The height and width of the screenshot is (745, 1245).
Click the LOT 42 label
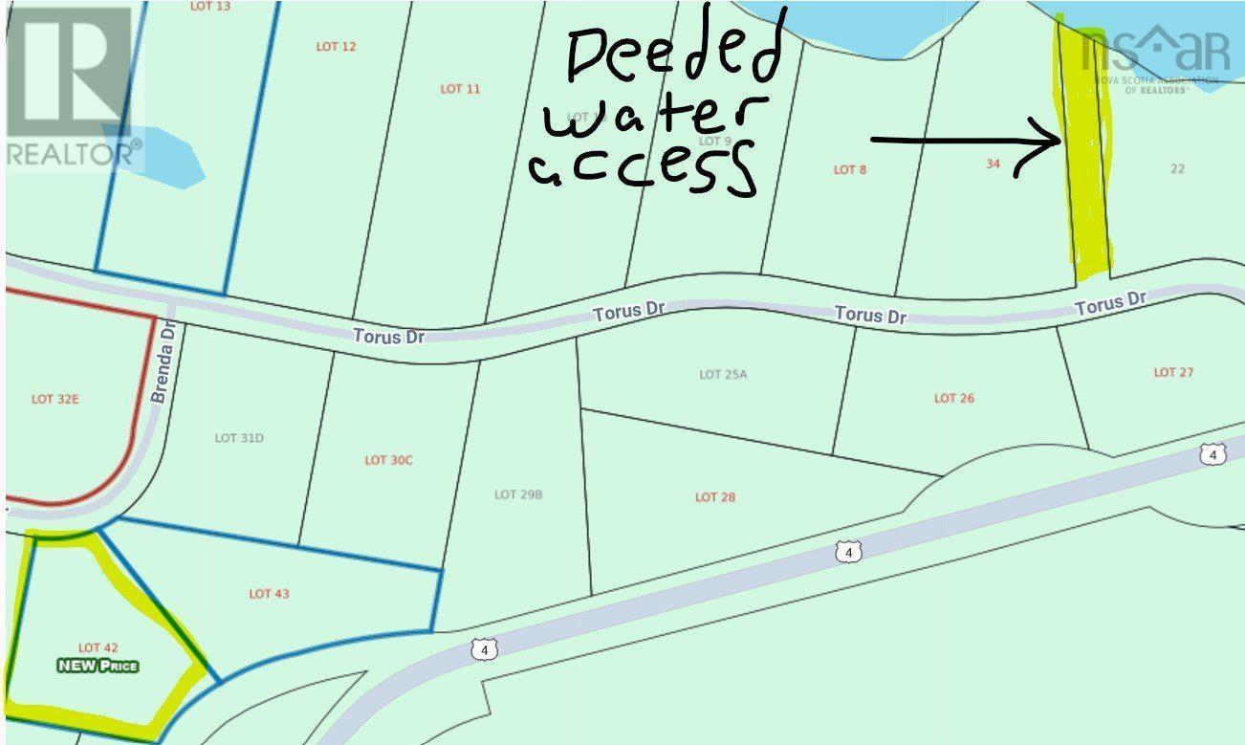98,647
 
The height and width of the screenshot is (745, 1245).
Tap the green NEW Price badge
98,666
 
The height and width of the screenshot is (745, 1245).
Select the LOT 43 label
269,594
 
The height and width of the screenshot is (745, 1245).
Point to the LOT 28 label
715,497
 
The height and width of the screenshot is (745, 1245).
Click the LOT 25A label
722,374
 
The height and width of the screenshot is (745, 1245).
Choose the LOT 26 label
953,398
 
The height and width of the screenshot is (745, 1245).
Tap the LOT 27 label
1173,372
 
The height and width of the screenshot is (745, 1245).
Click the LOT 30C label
388,460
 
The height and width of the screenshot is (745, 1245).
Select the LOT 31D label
239,438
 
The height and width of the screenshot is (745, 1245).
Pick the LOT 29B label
519,494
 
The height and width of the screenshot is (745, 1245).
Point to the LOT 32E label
55,399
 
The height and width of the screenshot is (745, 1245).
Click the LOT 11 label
460,89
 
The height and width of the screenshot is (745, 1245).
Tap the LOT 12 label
336,46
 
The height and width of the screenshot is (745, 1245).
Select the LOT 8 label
850,169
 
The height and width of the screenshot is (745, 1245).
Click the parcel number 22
1177,168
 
